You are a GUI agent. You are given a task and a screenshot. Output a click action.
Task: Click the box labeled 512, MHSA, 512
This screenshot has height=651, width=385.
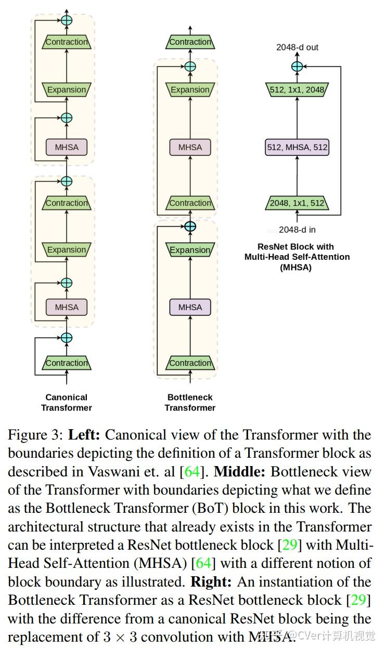[297, 147]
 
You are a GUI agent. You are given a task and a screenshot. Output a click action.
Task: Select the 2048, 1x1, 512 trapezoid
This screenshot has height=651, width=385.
[297, 203]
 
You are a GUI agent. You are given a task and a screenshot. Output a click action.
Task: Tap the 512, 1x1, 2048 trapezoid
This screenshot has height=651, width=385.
[297, 90]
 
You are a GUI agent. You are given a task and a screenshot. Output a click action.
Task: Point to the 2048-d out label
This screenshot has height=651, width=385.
[297, 47]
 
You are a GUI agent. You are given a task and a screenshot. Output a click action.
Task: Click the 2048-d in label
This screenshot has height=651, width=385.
[297, 229]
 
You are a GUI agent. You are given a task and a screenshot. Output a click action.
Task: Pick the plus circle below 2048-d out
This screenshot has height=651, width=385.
[297, 67]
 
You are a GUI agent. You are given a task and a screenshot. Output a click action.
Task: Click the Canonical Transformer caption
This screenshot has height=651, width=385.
[67, 403]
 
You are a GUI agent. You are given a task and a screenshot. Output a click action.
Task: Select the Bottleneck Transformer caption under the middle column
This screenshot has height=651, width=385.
[190, 403]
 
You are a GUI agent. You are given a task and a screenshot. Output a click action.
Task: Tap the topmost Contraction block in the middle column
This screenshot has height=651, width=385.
[190, 42]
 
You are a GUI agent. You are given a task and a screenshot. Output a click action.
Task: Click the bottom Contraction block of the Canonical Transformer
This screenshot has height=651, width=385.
[67, 363]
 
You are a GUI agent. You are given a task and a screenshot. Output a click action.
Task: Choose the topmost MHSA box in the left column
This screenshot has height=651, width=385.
[67, 147]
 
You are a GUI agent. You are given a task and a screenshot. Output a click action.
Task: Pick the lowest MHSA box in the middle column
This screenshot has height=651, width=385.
[190, 307]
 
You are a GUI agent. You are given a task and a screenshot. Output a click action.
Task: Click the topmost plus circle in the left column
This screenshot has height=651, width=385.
[67, 20]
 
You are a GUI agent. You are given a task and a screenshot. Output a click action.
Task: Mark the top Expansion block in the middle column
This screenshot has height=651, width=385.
[190, 90]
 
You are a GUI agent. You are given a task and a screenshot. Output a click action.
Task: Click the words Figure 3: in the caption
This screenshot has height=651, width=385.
[35, 435]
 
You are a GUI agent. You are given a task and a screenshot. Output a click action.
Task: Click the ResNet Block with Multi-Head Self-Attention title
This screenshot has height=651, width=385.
[297, 257]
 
